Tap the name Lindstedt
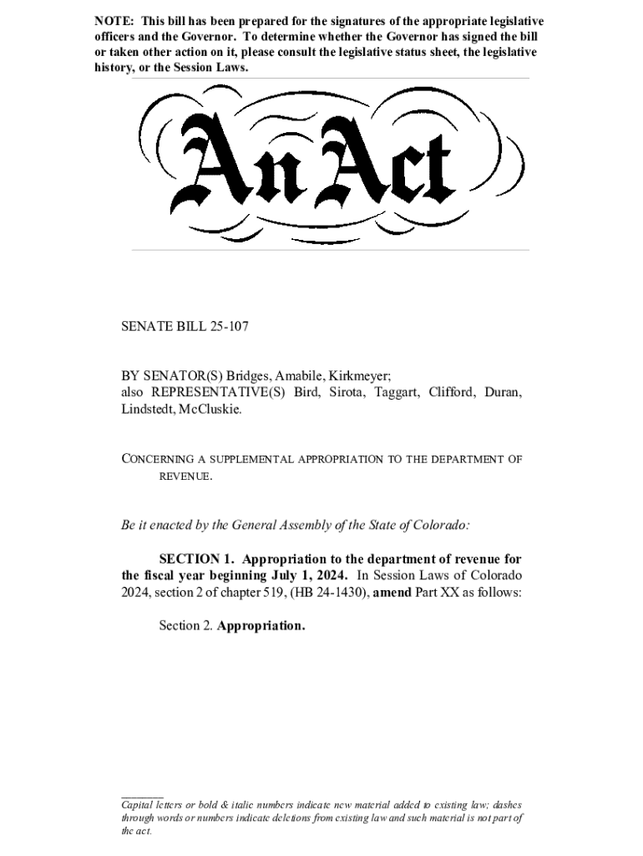pyautogui.click(x=148, y=410)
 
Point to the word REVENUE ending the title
pyautogui.click(x=184, y=476)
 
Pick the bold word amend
pyautogui.click(x=390, y=592)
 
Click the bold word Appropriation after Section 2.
pyautogui.click(x=261, y=625)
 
